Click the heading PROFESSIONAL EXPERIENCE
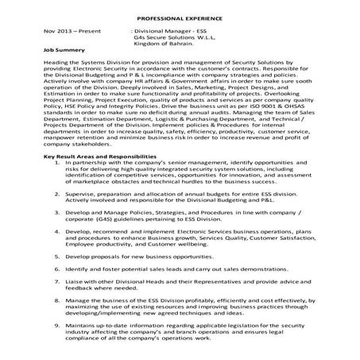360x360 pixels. pos(179,17)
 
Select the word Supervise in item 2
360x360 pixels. pos(81,215)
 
